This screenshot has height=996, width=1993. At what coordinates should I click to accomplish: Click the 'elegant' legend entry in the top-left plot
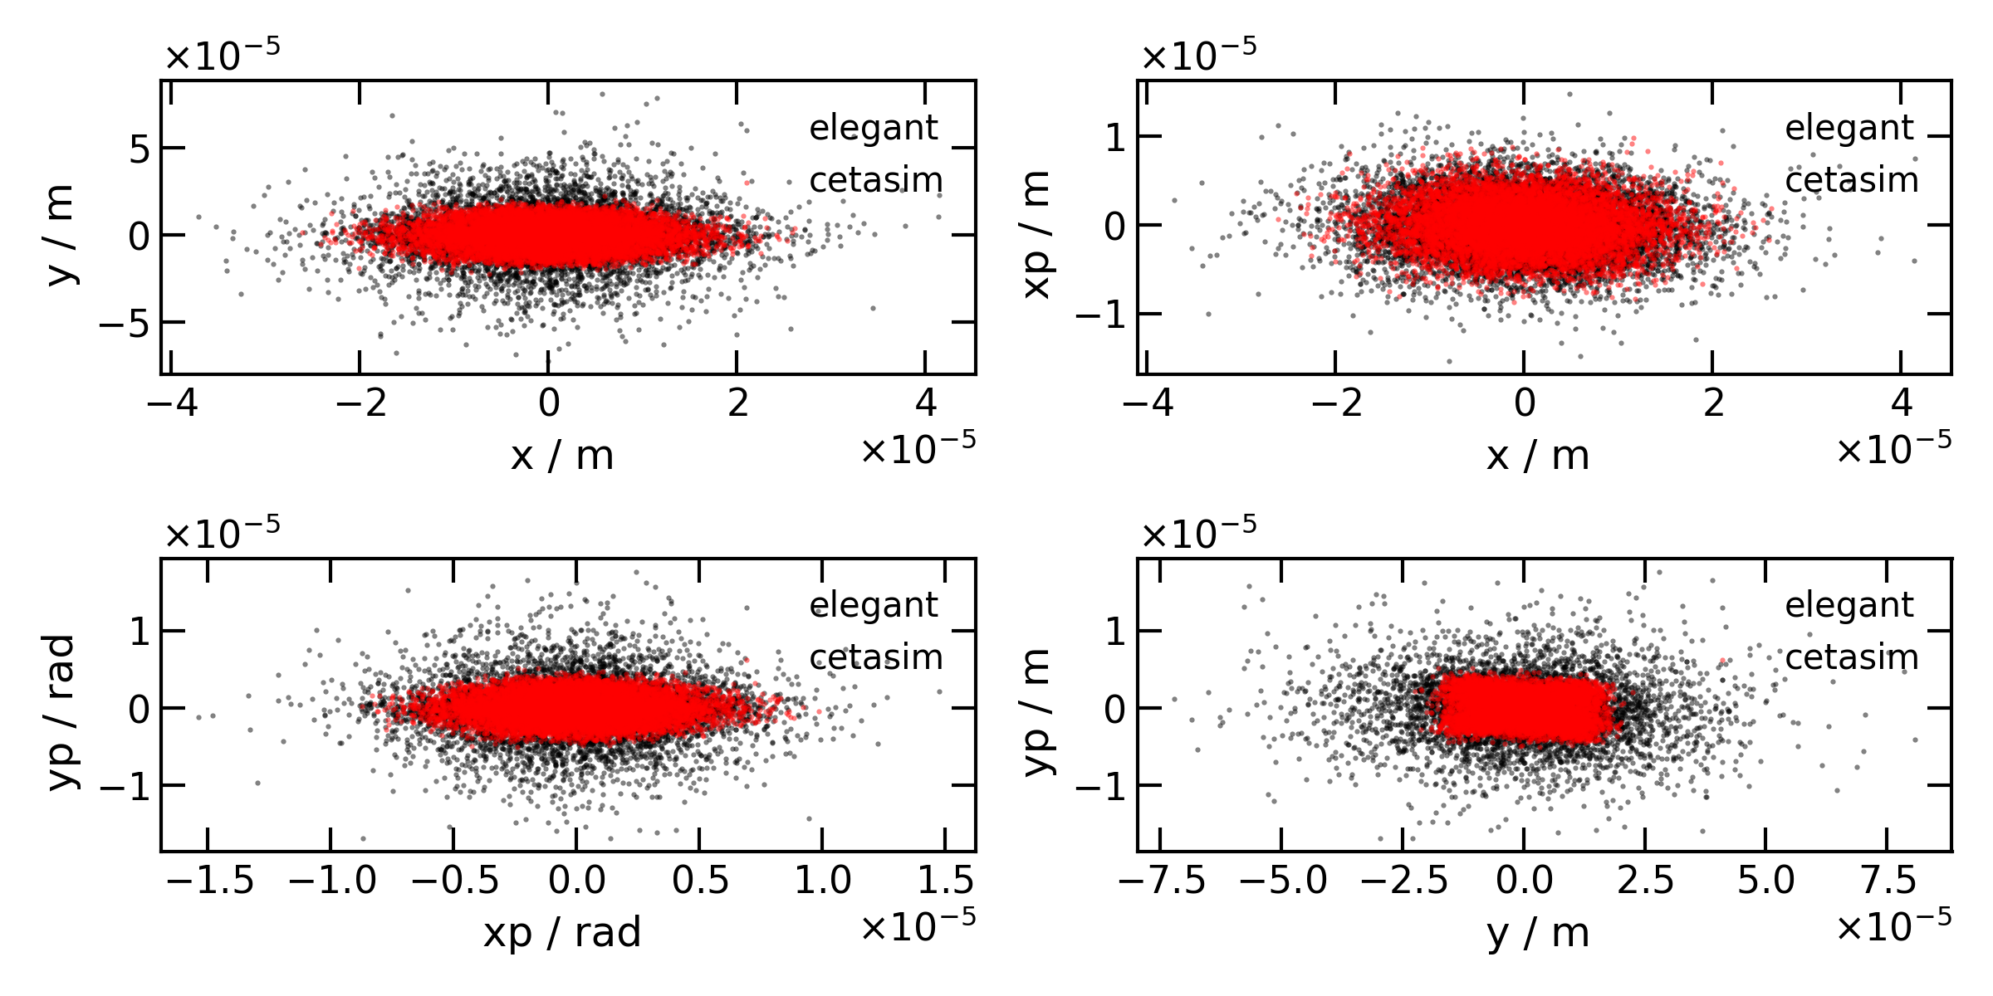coord(873,128)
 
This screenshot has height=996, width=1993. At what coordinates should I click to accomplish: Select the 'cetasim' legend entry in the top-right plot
coord(1851,180)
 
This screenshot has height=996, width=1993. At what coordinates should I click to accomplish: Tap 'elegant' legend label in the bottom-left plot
coord(873,605)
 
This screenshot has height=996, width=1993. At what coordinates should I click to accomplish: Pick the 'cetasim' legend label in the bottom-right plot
coord(1851,657)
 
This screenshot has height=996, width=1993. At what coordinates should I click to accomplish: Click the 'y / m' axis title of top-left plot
coord(61,235)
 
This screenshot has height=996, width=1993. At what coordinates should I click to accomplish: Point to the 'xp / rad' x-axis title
coord(562,931)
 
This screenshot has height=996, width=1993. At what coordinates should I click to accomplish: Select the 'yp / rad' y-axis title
coord(61,711)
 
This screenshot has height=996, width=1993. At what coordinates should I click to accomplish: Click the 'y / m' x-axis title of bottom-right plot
coord(1538,931)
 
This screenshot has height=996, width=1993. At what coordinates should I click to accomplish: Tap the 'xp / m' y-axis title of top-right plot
coord(1038,235)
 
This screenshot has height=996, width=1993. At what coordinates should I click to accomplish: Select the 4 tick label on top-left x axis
coord(925,403)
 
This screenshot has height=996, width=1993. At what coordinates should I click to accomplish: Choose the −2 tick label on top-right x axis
coord(1336,403)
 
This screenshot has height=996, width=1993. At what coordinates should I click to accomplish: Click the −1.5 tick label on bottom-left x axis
coord(209,880)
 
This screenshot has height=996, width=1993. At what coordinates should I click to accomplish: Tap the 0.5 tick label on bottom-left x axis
coord(700,880)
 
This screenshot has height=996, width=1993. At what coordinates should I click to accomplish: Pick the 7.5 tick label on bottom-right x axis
coord(1888,880)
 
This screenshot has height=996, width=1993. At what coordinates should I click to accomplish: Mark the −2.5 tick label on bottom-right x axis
coord(1404,880)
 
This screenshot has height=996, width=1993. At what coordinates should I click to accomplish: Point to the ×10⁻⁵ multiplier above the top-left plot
coord(223,56)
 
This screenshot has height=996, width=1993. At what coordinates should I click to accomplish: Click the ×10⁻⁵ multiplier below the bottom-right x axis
coord(1893,926)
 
